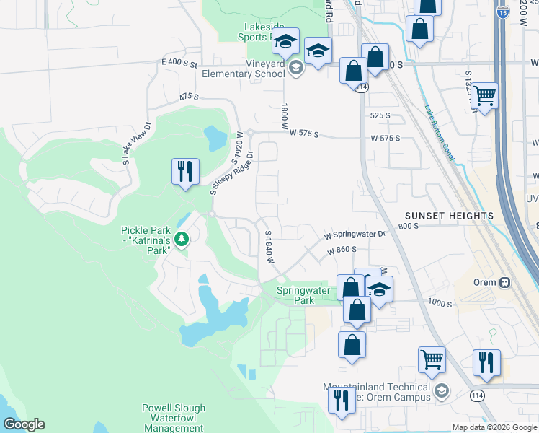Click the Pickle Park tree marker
click(182, 238)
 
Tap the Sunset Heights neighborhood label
click(449, 216)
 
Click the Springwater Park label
click(304, 295)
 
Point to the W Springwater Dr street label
click(355, 235)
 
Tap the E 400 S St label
click(180, 64)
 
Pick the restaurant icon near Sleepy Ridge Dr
click(185, 172)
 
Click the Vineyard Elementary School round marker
click(295, 69)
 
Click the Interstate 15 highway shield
click(503, 11)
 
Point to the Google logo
click(24, 424)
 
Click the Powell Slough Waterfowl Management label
click(173, 417)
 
